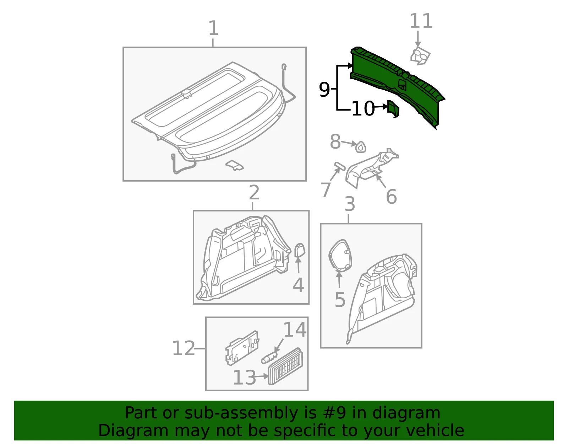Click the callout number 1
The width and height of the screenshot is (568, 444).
[x=213, y=28]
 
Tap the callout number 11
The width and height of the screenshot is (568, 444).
[x=421, y=21]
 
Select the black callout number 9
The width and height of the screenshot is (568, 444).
[x=324, y=90]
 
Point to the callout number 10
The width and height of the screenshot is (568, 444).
[x=363, y=108]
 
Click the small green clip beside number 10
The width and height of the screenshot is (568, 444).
[x=393, y=109]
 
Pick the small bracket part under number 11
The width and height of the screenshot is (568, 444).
[x=420, y=57]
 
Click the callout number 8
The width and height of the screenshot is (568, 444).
[x=335, y=141]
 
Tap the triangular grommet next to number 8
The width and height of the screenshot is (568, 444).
[x=361, y=147]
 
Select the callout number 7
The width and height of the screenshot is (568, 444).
[x=326, y=190]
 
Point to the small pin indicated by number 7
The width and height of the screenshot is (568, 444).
[x=340, y=166]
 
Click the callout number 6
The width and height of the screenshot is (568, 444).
[x=391, y=197]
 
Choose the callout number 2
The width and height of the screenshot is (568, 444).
[x=254, y=193]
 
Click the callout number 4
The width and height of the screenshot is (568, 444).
[x=298, y=285]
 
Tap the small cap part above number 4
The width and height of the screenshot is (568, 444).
[x=300, y=250]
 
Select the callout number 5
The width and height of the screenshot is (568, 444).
[x=340, y=300]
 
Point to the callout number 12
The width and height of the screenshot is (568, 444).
[x=184, y=348]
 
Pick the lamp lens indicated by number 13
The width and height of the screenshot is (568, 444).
[x=285, y=366]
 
